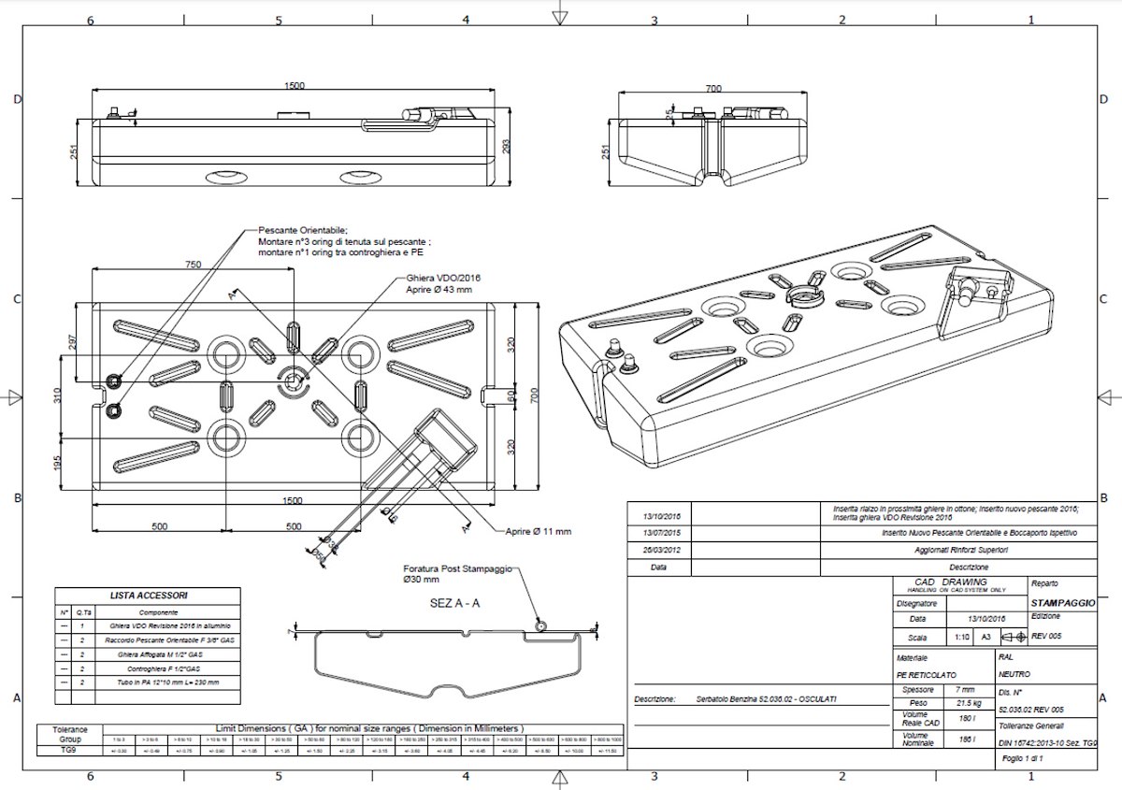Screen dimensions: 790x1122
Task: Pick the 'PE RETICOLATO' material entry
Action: pos(927,673)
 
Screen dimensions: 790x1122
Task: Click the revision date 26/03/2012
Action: pos(662,551)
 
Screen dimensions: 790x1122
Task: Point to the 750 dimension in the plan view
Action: pos(193,265)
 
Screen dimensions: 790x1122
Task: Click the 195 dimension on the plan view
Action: pos(57,463)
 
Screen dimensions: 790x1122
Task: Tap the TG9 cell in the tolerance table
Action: pos(69,750)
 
